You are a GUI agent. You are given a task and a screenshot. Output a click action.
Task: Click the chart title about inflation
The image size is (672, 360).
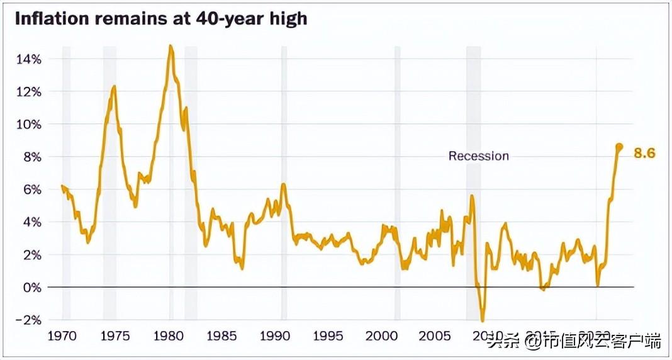pyautogui.click(x=160, y=18)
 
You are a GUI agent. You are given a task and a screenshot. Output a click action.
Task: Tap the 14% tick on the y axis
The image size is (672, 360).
pyautogui.click(x=28, y=59)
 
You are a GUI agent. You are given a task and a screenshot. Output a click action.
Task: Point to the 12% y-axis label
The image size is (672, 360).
pyautogui.click(x=28, y=92)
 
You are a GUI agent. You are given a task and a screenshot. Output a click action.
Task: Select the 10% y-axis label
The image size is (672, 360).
pyautogui.click(x=28, y=124)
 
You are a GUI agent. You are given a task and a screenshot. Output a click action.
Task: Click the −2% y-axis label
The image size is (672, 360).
pyautogui.click(x=28, y=320)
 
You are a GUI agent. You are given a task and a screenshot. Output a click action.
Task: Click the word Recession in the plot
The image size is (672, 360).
pyautogui.click(x=478, y=156)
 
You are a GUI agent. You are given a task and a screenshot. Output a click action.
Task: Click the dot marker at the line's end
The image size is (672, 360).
pyautogui.click(x=619, y=147)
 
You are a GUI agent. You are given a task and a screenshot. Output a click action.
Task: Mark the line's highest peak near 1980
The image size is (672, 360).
pyautogui.click(x=171, y=46)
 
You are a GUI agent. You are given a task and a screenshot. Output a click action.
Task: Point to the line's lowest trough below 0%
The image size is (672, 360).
pyautogui.click(x=483, y=320)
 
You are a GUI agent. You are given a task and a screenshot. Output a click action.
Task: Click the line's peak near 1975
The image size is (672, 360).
pyautogui.click(x=114, y=86)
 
